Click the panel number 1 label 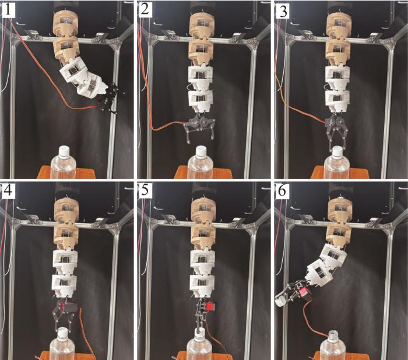8,11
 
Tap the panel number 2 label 145,11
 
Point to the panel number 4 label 8,191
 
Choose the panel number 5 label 145,190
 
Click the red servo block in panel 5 210,306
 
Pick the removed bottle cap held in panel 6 280,299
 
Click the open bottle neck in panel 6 333,334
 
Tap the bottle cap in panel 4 62,333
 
